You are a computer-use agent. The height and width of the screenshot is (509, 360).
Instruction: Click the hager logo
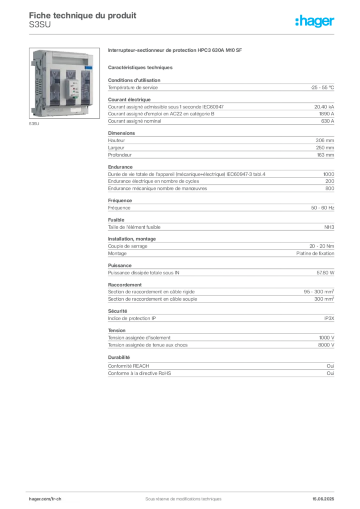coord(315,21)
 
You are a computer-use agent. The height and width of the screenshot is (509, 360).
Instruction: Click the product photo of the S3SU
coord(64,83)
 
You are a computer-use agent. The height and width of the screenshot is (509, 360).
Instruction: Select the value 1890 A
coord(327,114)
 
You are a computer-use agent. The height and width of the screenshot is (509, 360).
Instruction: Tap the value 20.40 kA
coord(324,107)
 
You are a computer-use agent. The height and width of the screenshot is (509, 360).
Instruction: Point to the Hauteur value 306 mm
coord(325,141)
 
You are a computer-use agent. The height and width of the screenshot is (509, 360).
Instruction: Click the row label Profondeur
coord(120,155)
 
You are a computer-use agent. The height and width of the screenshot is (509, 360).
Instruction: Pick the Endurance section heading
coord(120,167)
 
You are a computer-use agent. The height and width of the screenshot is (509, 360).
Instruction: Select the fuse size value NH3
coord(329,227)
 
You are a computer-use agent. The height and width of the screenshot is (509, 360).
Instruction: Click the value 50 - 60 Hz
coord(323,208)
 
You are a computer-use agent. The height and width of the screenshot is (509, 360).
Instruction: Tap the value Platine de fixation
coord(315,254)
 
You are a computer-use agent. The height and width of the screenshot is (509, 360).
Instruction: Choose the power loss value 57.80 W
coord(325,273)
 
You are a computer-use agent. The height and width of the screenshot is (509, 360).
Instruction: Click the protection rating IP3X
coord(329,319)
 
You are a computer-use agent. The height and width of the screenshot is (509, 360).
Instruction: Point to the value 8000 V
coord(326,345)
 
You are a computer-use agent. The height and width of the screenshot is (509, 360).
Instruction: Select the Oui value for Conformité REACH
coord(331,366)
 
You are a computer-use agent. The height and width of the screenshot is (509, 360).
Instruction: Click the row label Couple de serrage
coord(128,247)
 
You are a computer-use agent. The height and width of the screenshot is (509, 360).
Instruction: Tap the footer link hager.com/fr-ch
coord(45,499)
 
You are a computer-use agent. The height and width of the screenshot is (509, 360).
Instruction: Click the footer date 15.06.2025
coord(323,499)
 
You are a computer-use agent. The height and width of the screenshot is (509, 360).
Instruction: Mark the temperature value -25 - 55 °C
coord(322,87)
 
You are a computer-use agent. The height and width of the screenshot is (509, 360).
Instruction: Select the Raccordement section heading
coord(125,285)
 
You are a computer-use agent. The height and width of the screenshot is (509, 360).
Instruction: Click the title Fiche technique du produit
coord(83,15)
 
